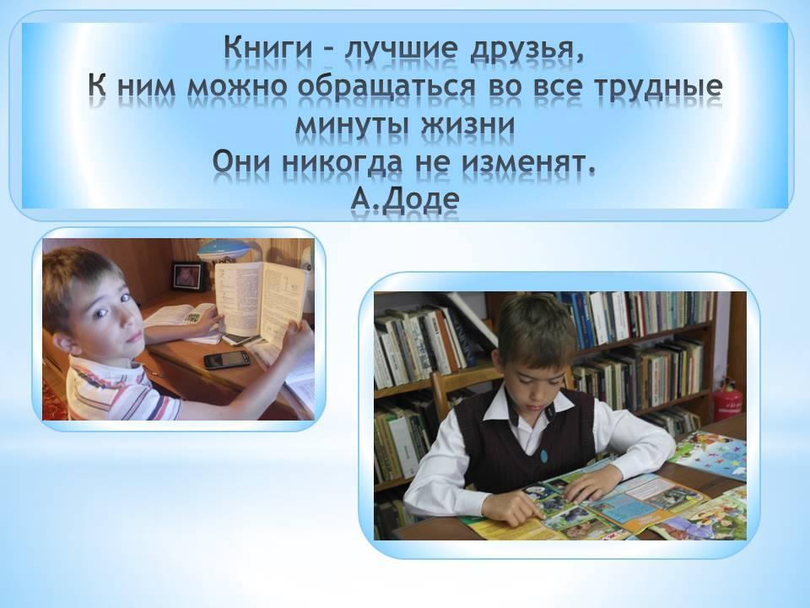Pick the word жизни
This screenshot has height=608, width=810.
click(468, 124)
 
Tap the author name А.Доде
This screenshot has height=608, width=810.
click(404, 199)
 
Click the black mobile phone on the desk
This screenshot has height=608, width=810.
click(227, 360)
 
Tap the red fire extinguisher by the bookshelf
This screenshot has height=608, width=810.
click(728, 400)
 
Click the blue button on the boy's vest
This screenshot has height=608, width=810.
click(543, 455)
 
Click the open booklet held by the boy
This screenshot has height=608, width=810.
click(261, 299)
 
